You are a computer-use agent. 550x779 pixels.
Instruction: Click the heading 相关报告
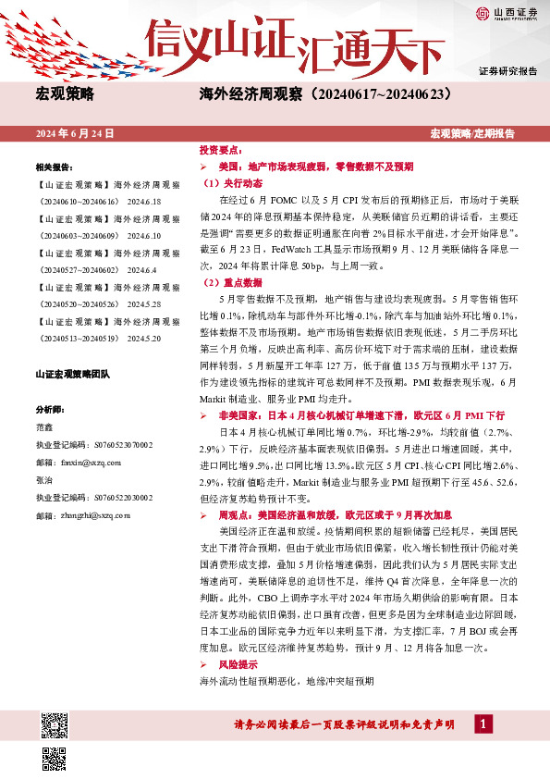pos(54,168)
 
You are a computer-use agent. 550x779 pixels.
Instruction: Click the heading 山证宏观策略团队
pos(72,374)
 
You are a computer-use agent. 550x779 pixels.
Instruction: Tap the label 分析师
pos(48,409)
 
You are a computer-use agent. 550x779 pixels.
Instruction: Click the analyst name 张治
pos(43,480)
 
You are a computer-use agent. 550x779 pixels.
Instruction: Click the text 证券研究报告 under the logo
pos(507,71)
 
